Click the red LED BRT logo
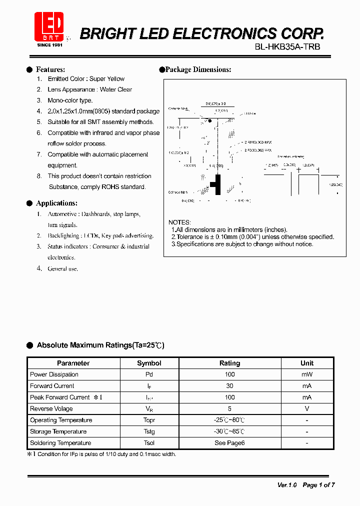pos(48,26)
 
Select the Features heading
pos(50,69)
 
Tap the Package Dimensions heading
pos(198,69)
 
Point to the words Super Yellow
pos(107,79)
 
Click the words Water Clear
pos(116,89)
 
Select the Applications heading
pos(56,203)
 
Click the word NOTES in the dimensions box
pos(179,222)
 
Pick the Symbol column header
pos(149,363)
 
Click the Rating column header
pos(229,363)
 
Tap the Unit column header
pos(307,363)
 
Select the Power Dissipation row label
pos(54,374)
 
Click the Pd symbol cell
pos(149,374)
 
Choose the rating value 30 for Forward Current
pos(229,386)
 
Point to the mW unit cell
pos(307,374)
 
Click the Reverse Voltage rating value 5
pos(229,408)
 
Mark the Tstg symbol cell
pos(149,431)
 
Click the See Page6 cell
pos(229,443)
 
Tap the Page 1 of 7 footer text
pos(318,485)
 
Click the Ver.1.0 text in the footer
pos(287,485)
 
